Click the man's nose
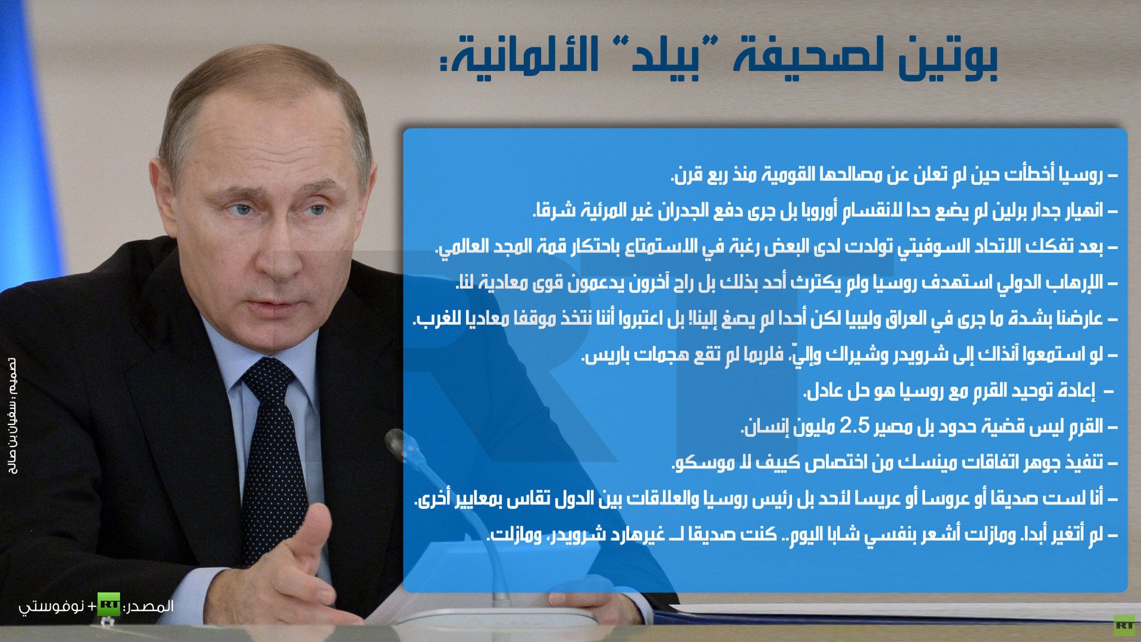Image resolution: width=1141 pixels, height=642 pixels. (279, 250)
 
